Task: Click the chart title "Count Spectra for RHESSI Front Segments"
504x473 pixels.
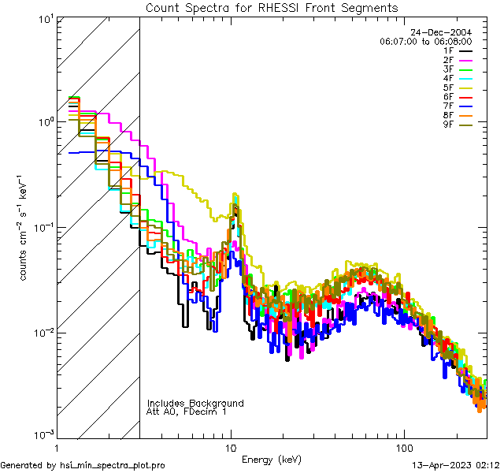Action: point(272,8)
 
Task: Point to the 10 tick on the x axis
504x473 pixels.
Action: point(231,447)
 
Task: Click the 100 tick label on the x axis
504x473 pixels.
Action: point(403,447)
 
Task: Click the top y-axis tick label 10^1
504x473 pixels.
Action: point(44,18)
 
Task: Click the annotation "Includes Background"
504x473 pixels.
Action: point(195,403)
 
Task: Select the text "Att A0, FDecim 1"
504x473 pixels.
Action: point(187,412)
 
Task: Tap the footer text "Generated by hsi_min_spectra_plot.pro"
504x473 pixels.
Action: point(83,465)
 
